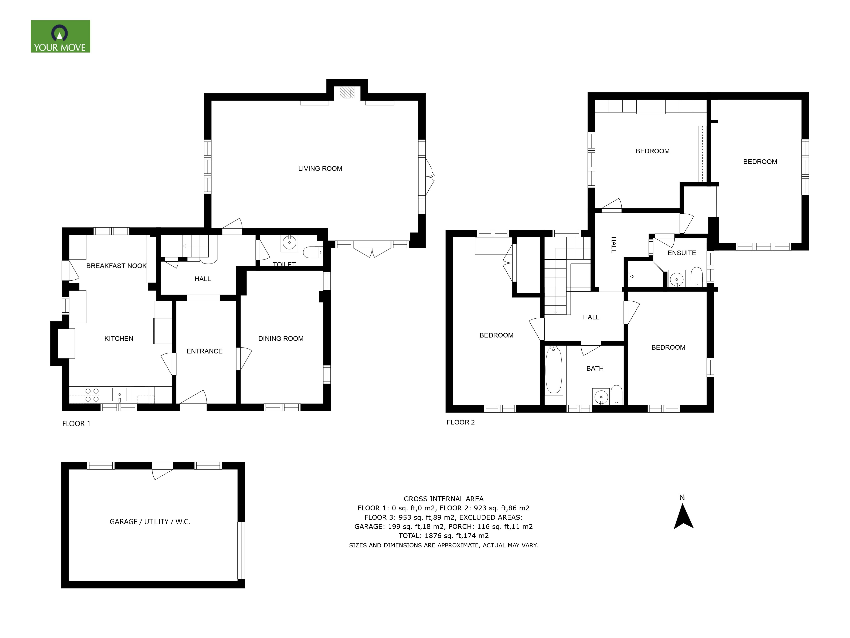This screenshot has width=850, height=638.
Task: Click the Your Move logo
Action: point(60,37)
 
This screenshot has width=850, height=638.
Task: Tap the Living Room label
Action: point(320,168)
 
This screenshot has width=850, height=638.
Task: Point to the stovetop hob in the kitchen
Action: point(92,395)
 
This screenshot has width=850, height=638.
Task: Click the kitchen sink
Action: point(119,394)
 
